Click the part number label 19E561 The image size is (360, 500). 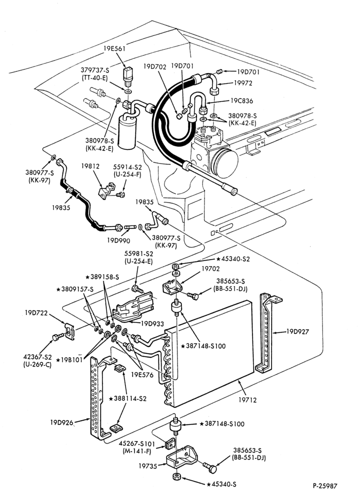pyautogui.click(x=114, y=48)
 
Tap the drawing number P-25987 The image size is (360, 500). pyautogui.click(x=324, y=486)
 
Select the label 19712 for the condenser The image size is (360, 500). pyautogui.click(x=247, y=400)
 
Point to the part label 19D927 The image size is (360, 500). pyautogui.click(x=297, y=331)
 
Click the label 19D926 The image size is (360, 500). pyautogui.click(x=61, y=422)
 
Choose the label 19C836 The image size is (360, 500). pyautogui.click(x=241, y=101)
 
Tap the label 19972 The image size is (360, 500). pyautogui.click(x=243, y=83)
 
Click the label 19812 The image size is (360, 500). pyautogui.click(x=90, y=166)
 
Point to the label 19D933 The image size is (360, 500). pyautogui.click(x=152, y=323)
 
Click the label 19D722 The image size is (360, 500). pyautogui.click(x=36, y=313)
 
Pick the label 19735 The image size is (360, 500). pyautogui.click(x=147, y=466)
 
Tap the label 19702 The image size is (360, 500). pyautogui.click(x=210, y=269)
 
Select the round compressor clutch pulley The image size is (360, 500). pyautogui.click(x=224, y=162)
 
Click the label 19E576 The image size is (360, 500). pyautogui.click(x=142, y=375)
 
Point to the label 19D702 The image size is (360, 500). pyautogui.click(x=154, y=66)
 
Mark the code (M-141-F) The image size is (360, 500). pyautogui.click(x=137, y=451)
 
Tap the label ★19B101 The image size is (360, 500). pyautogui.click(x=69, y=360)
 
